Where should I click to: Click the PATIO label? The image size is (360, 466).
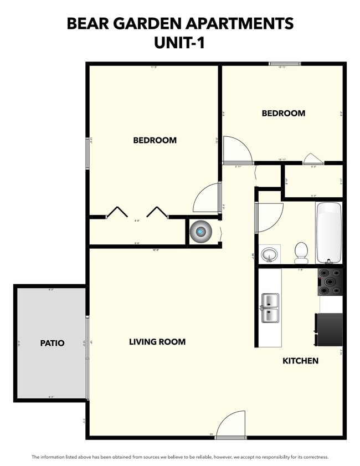tap(52, 343)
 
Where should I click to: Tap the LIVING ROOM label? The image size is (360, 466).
tap(157, 342)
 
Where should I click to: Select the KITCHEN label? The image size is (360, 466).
tap(300, 361)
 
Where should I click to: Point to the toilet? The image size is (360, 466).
tap(301, 253)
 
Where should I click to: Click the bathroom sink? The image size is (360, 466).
tap(270, 254)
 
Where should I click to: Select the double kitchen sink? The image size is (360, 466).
tap(270, 308)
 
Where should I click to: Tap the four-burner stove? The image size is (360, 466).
tap(330, 282)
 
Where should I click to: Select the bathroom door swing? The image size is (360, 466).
tap(269, 216)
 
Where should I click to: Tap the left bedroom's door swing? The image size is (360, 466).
tap(207, 198)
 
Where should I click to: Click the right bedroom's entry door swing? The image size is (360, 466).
tap(237, 150)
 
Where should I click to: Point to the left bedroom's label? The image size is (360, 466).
tap(155, 140)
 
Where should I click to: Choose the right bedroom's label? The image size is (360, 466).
tap(283, 113)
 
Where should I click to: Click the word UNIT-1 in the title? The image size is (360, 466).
tap(180, 43)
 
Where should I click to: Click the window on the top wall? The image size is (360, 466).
tap(285, 64)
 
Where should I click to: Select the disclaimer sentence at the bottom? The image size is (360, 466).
tap(180, 457)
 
